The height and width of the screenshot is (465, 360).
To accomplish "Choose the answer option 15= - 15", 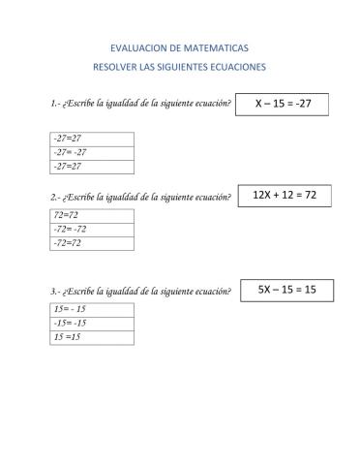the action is (71, 308).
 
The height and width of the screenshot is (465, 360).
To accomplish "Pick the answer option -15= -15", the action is (71, 323).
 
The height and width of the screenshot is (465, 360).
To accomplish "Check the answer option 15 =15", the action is (67, 337).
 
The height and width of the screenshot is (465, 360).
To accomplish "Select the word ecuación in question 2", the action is (213, 198).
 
